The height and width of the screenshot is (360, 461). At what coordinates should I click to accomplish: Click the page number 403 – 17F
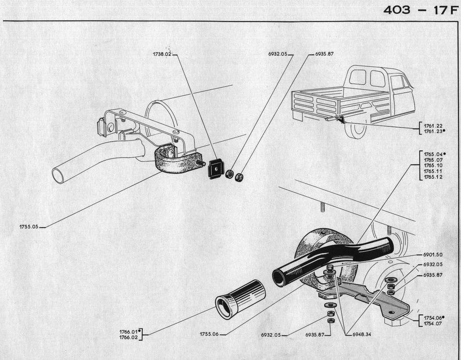(x=420, y=10)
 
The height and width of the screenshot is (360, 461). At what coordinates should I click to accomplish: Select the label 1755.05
(x=29, y=227)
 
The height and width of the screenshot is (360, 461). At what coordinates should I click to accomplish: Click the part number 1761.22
(x=433, y=126)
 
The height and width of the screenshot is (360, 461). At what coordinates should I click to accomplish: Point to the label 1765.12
(x=433, y=177)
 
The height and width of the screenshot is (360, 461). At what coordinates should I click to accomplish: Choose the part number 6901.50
(x=432, y=255)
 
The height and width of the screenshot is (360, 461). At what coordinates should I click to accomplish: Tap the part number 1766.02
(x=129, y=337)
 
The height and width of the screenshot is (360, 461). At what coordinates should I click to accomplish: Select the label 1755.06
(x=209, y=334)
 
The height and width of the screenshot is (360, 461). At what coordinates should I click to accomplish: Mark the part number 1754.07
(x=433, y=324)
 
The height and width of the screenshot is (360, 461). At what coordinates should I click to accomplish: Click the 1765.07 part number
(x=433, y=160)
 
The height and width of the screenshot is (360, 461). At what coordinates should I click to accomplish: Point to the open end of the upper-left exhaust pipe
(x=58, y=175)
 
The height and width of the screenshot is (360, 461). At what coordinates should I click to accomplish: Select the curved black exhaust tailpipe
(x=334, y=259)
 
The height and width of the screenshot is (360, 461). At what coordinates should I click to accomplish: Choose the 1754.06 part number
(x=433, y=317)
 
